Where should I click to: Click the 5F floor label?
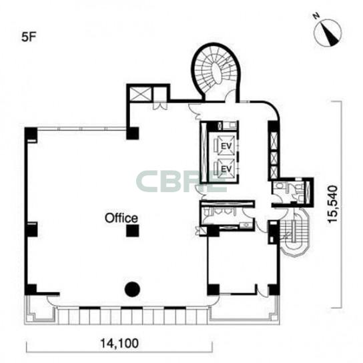(x=29, y=37)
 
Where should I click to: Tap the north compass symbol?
(x=328, y=33)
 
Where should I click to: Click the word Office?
(x=121, y=218)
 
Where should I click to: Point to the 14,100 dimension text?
(x=119, y=343)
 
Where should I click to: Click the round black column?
(x=132, y=290)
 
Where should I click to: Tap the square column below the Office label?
(x=133, y=230)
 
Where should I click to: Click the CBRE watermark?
(x=181, y=181)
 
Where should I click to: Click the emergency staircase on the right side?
(x=294, y=232)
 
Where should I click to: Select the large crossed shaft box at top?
(x=140, y=94)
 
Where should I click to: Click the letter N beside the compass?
(x=316, y=16)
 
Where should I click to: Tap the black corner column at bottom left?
(x=31, y=289)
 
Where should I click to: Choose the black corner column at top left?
(x=31, y=133)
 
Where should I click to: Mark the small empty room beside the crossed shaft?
(x=160, y=94)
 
